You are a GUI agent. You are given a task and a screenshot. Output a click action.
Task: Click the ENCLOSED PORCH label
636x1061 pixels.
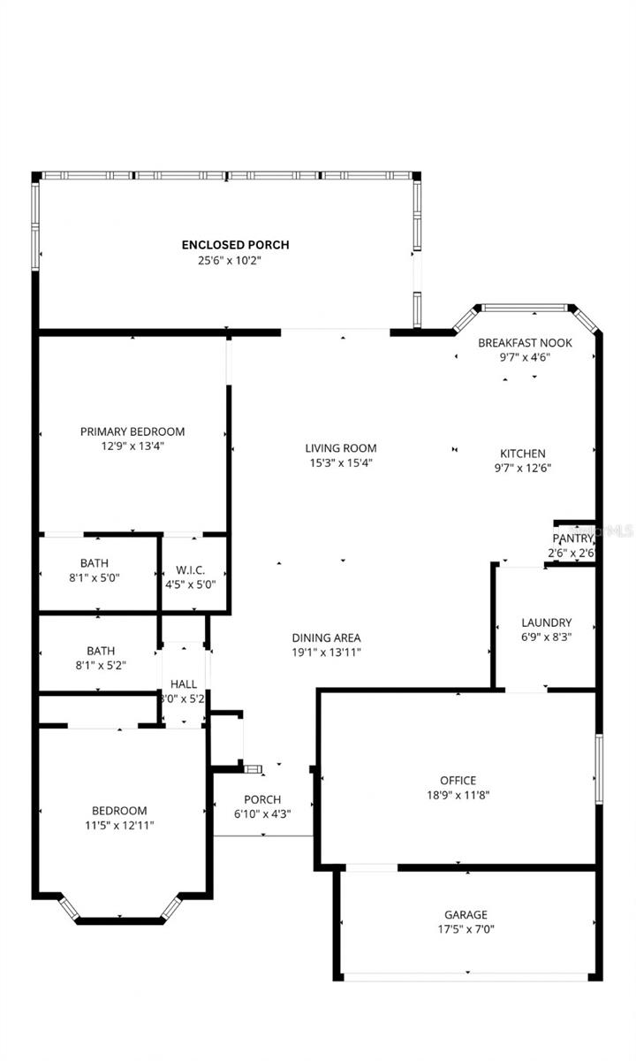[235, 245]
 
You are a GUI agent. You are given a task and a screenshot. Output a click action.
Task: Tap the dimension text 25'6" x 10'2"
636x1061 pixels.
[230, 260]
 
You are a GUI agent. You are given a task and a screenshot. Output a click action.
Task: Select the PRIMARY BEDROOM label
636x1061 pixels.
[132, 431]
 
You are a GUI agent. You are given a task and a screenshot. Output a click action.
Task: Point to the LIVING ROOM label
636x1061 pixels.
[341, 448]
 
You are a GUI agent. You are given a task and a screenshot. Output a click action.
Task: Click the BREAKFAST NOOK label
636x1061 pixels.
[525, 343]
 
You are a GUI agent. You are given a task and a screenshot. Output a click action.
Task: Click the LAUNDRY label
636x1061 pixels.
[546, 622]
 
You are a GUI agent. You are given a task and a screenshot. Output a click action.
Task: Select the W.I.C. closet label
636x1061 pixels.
[191, 569]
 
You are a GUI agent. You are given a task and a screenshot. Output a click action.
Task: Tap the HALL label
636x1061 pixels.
[184, 683]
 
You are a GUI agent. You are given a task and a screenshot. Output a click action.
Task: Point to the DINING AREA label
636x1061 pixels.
[326, 637]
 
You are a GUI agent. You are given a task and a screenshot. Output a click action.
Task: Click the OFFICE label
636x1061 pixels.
[458, 780]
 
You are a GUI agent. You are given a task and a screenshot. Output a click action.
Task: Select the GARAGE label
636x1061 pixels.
[466, 914]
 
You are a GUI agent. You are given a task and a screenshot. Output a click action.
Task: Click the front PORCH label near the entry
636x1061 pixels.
[262, 799]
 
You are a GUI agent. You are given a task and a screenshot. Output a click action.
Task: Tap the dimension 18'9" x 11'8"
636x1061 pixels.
[458, 794]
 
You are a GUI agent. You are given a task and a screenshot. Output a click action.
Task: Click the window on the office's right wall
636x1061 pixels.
[598, 769]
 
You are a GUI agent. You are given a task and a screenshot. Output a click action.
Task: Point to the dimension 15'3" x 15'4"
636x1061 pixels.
[341, 462]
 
